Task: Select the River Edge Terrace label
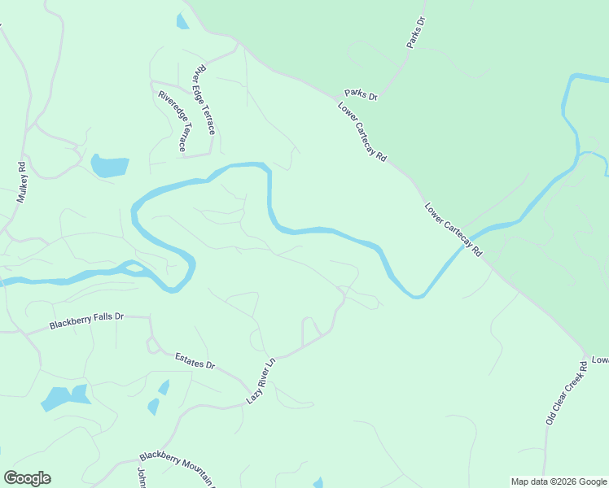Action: [x=204, y=102]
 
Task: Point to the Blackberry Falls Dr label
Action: [x=85, y=321]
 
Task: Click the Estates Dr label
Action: [x=195, y=360]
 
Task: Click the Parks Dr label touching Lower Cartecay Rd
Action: [x=361, y=95]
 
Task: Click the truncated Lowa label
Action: [x=599, y=359]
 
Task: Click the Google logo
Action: [x=27, y=478]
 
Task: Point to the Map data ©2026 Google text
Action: [x=559, y=481]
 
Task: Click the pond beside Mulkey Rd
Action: [x=110, y=166]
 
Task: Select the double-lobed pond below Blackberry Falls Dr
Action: [x=66, y=398]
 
